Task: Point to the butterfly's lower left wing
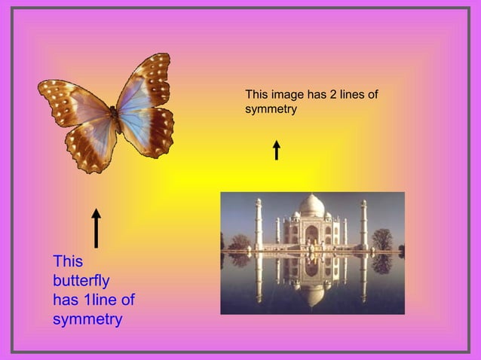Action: tap(89, 145)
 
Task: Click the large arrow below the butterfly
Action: tap(96, 228)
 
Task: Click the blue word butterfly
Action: tap(81, 281)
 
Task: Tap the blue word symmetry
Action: tap(87, 320)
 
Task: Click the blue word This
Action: tap(68, 261)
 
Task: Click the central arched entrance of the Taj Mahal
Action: tap(311, 234)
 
